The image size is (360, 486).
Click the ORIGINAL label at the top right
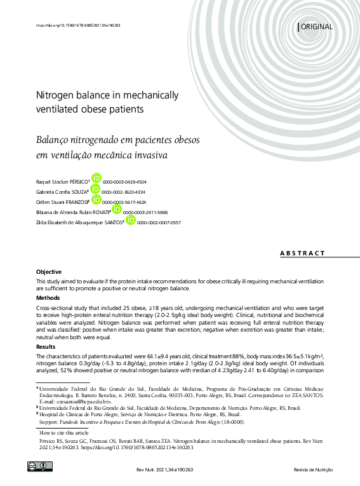coord(316,27)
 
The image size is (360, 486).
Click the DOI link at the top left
coord(78,25)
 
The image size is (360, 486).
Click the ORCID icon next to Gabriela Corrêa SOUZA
coord(95,189)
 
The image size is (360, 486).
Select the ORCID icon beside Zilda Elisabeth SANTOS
coord(130,220)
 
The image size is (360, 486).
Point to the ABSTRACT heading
coord(302,253)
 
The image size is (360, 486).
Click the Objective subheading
coord(49,271)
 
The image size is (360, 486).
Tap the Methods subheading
coord(48,297)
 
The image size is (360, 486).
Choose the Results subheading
coord(46,347)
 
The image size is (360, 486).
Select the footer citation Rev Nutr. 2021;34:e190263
coord(164,469)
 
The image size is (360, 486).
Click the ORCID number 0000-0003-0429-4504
coord(124,181)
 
